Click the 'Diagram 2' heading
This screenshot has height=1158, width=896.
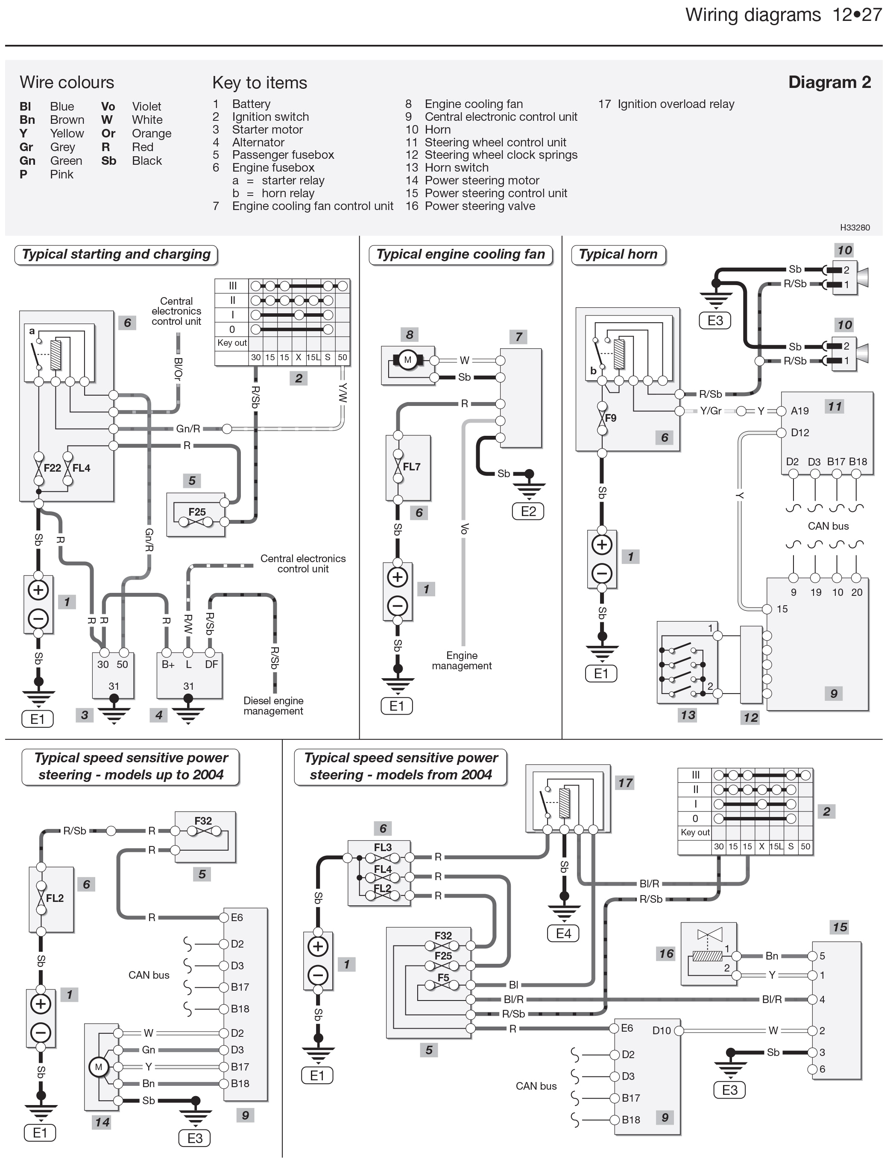coord(829,82)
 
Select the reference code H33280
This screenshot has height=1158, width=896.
coord(855,228)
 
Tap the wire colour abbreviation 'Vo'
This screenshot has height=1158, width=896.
coord(108,107)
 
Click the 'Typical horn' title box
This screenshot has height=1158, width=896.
coord(618,254)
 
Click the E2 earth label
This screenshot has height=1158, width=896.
coord(528,511)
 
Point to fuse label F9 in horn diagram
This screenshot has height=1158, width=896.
coord(611,418)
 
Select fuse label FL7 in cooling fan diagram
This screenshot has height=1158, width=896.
coord(411,467)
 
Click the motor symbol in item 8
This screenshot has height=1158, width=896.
coord(407,360)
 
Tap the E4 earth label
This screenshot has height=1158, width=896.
coord(563,933)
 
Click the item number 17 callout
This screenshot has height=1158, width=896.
coord(625,783)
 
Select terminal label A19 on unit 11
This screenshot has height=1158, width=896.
coord(799,411)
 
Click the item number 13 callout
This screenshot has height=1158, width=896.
coord(688,715)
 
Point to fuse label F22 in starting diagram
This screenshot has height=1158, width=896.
coord(52,468)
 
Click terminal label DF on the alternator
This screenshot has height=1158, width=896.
coord(211,664)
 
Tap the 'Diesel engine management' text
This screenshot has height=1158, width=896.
coord(273,706)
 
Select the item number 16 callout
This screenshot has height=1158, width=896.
coord(666,954)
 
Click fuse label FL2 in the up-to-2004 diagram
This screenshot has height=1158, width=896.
coord(55,898)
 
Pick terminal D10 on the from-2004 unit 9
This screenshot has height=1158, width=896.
coord(662,1030)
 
